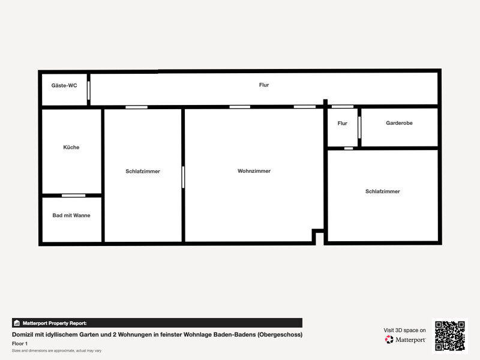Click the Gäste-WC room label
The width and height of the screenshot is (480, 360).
pyautogui.click(x=64, y=85)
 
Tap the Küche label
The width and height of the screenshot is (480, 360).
pyautogui.click(x=71, y=147)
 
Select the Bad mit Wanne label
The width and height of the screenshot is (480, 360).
pyautogui.click(x=71, y=215)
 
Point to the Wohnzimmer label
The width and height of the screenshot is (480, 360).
pyautogui.click(x=254, y=171)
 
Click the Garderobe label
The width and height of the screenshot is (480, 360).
pyautogui.click(x=399, y=123)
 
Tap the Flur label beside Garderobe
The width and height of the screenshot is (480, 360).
pyautogui.click(x=342, y=123)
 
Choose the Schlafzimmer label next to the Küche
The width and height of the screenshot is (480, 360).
pyautogui.click(x=143, y=171)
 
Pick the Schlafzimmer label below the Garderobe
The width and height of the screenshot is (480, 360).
pyautogui.click(x=383, y=191)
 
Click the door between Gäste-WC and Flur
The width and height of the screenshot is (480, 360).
pyautogui.click(x=89, y=91)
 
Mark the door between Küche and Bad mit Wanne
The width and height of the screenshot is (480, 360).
pyautogui.click(x=73, y=196)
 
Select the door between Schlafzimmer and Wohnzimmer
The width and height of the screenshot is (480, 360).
pyautogui.click(x=183, y=177)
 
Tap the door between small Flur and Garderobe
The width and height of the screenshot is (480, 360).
pyautogui.click(x=359, y=127)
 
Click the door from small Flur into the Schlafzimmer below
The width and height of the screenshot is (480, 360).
pyautogui.click(x=349, y=148)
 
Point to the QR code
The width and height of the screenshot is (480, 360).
pyautogui.click(x=450, y=336)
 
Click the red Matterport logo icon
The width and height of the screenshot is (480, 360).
pyautogui.click(x=389, y=340)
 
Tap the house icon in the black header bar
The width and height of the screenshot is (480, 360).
pyautogui.click(x=17, y=323)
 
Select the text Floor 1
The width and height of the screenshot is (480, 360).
pyautogui.click(x=20, y=343)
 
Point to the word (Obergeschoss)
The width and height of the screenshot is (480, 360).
pyautogui.click(x=280, y=335)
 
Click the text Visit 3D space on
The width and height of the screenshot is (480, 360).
pyautogui.click(x=404, y=331)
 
